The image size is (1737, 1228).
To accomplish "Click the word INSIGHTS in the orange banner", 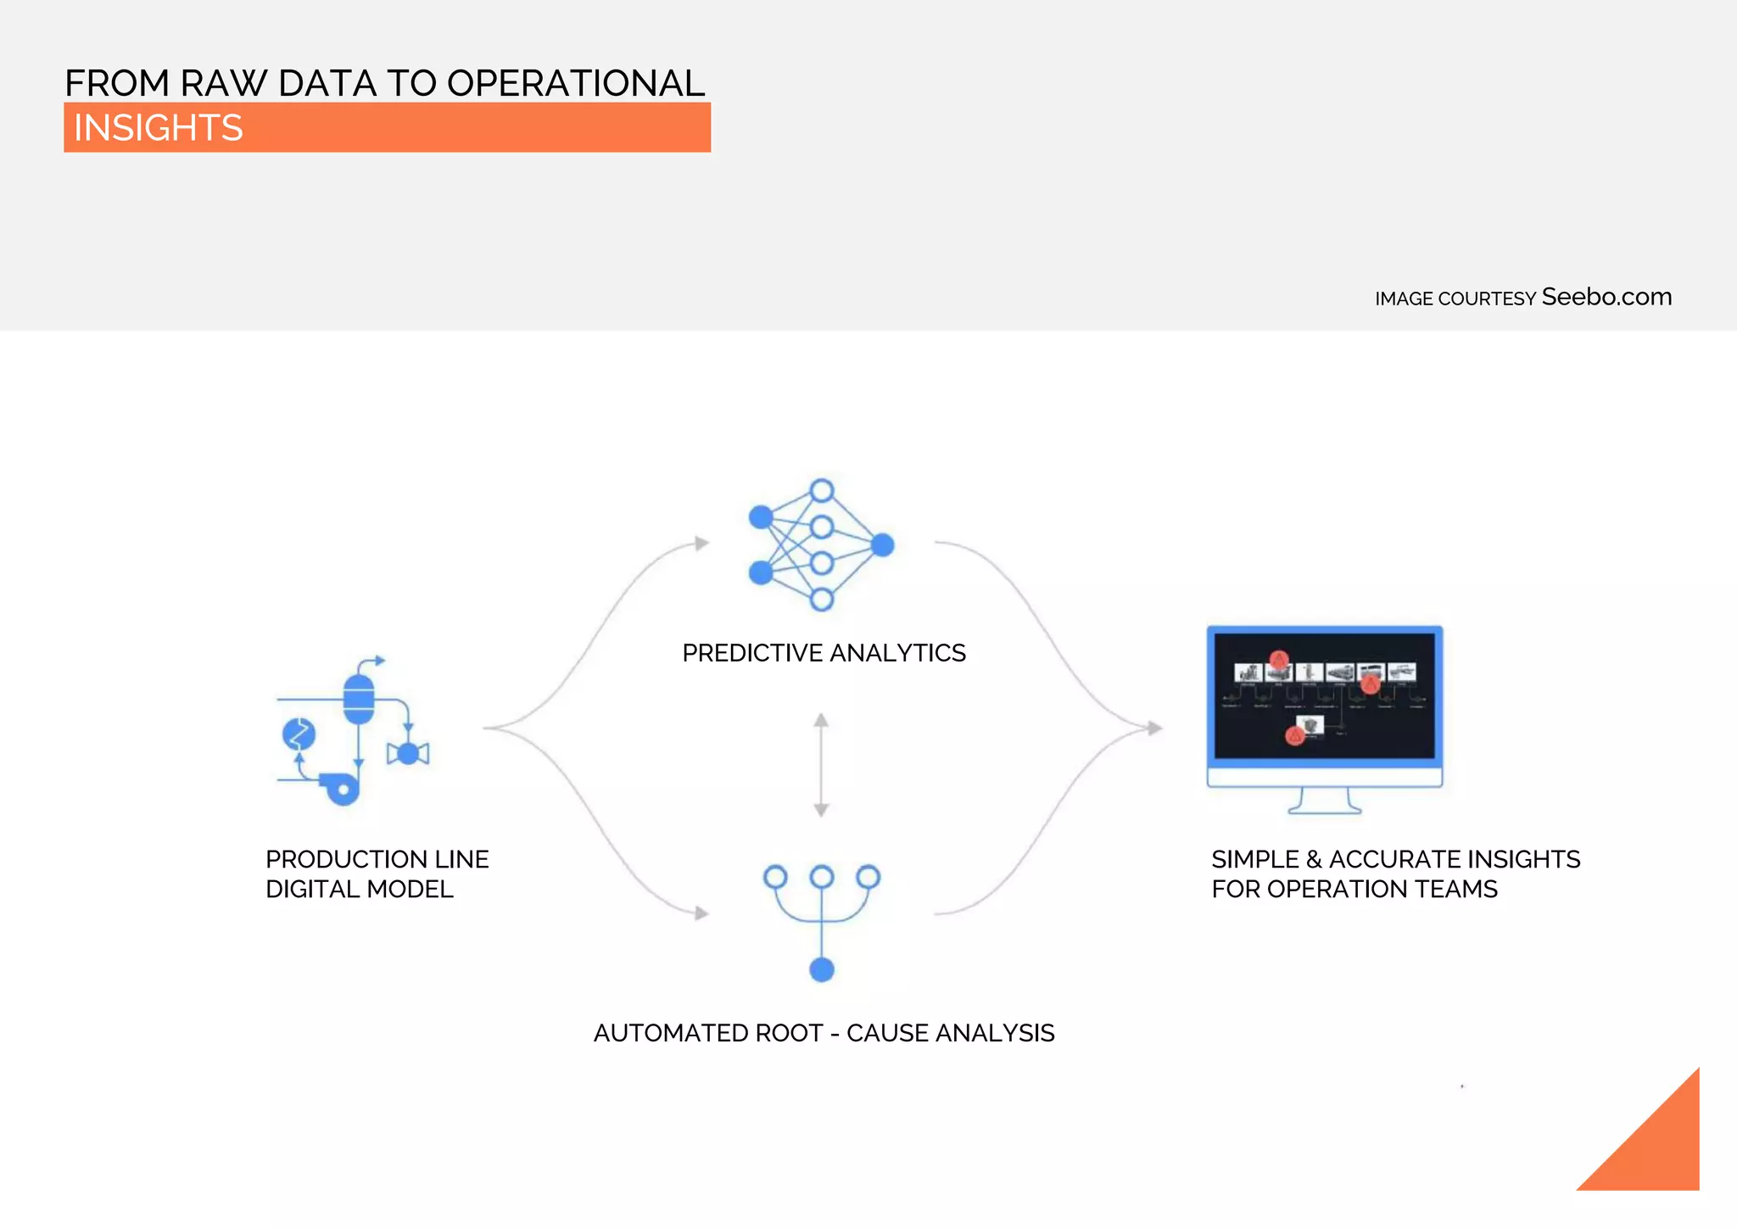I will (x=159, y=128).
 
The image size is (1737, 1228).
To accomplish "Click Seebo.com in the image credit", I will (x=1606, y=297).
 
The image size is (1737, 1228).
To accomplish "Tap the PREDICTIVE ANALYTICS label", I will (x=824, y=653).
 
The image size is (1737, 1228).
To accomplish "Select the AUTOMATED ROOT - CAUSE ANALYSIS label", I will (x=824, y=1033).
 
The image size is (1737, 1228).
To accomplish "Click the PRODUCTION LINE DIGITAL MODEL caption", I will (x=377, y=874).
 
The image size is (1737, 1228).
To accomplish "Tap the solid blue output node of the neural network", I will (x=883, y=544).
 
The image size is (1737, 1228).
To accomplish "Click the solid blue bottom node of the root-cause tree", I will (x=822, y=969).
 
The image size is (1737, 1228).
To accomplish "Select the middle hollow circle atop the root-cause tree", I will (x=822, y=876).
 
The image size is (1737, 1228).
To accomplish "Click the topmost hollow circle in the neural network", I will (x=822, y=490).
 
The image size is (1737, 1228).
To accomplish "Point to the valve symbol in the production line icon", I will (x=408, y=753).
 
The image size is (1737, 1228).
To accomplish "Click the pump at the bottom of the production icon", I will (x=342, y=790).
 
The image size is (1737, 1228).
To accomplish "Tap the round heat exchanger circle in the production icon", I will (x=299, y=734).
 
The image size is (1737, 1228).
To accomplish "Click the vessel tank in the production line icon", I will (x=359, y=699).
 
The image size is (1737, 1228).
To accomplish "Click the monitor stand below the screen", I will (x=1325, y=801).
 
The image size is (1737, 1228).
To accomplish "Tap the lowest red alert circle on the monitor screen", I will (x=1294, y=735).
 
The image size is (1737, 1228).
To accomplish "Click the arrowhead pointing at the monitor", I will (x=1154, y=728).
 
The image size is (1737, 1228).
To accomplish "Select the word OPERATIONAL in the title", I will (x=576, y=83).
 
